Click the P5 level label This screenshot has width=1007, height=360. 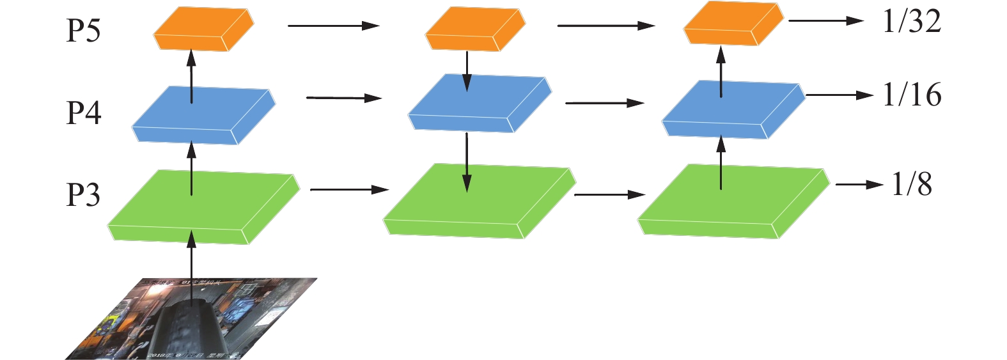83,30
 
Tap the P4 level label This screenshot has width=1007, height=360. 84,113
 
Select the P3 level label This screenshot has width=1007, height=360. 83,194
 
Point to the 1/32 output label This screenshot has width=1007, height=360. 911,22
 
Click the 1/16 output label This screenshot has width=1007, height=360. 912,95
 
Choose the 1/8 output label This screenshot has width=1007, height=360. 912,185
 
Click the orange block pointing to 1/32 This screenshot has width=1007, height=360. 733,24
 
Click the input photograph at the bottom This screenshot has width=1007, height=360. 192,320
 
